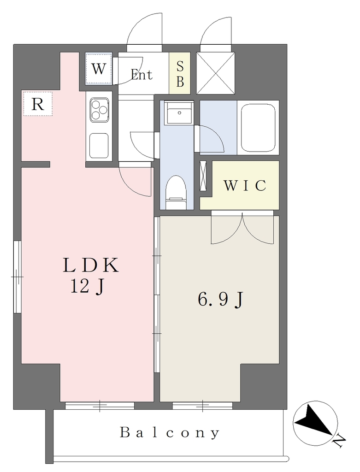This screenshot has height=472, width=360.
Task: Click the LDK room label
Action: click(x=91, y=265)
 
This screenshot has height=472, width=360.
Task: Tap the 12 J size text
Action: click(x=87, y=286)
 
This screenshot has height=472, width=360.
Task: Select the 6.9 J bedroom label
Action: click(x=220, y=300)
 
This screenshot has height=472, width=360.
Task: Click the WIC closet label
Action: click(x=245, y=185)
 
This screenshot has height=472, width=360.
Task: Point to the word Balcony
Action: click(x=170, y=433)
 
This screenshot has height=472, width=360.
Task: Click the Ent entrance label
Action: click(x=142, y=74)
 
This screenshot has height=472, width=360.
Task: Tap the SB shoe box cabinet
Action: click(x=180, y=73)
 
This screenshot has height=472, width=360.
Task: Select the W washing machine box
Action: click(x=99, y=69)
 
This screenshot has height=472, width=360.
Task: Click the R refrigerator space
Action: click(x=38, y=104)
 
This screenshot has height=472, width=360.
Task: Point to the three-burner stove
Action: click(x=99, y=110)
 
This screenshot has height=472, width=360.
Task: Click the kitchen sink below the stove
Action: click(x=99, y=146)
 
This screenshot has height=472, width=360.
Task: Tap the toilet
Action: click(x=176, y=192)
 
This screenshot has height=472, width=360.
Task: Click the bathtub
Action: click(x=258, y=128)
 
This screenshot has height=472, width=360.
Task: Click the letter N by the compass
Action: click(x=340, y=440)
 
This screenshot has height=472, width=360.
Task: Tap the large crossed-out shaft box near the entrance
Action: click(x=216, y=73)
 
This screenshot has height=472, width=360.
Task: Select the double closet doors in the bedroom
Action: click(x=242, y=227)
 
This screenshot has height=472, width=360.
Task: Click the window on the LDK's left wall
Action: click(x=18, y=277)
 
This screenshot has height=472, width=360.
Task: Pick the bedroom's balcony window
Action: click(x=202, y=406)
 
